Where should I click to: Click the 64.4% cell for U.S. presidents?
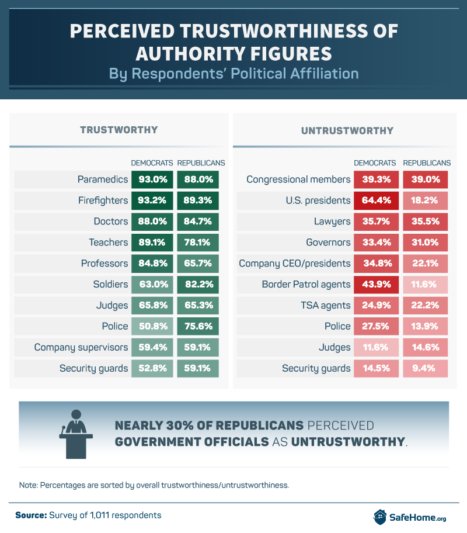[x=375, y=200]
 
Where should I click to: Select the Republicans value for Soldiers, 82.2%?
[x=198, y=284]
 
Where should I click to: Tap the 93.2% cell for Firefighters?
[x=152, y=200]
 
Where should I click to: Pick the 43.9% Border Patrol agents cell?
[x=375, y=284]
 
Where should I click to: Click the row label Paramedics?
[x=103, y=179]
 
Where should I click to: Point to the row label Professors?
[x=104, y=263]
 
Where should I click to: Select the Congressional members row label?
[x=298, y=179]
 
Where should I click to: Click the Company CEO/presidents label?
[x=295, y=263]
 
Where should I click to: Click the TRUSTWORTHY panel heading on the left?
[x=119, y=130]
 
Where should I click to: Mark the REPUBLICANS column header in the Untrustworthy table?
[x=427, y=162]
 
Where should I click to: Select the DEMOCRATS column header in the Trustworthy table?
[x=152, y=162]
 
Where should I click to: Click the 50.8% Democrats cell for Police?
[x=152, y=326]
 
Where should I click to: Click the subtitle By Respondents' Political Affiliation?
[x=233, y=74]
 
